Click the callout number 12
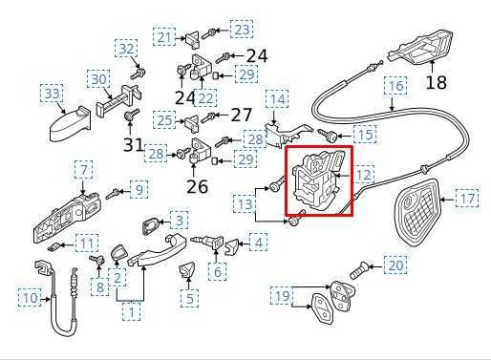tap(364, 175)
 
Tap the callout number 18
tap(436, 83)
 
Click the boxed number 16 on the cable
tap(396, 87)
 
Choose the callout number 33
tap(52, 94)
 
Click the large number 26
tap(197, 186)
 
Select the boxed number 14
tap(277, 98)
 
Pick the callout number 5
tap(191, 299)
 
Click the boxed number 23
tap(242, 30)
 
